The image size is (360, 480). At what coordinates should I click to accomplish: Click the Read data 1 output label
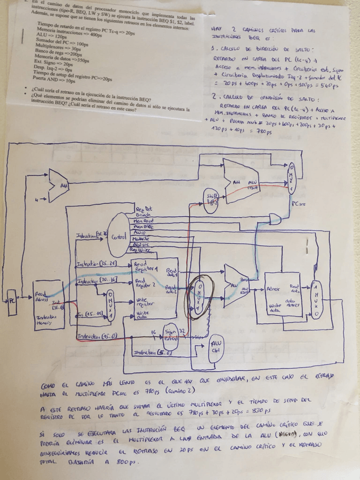click(x=172, y=267)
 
